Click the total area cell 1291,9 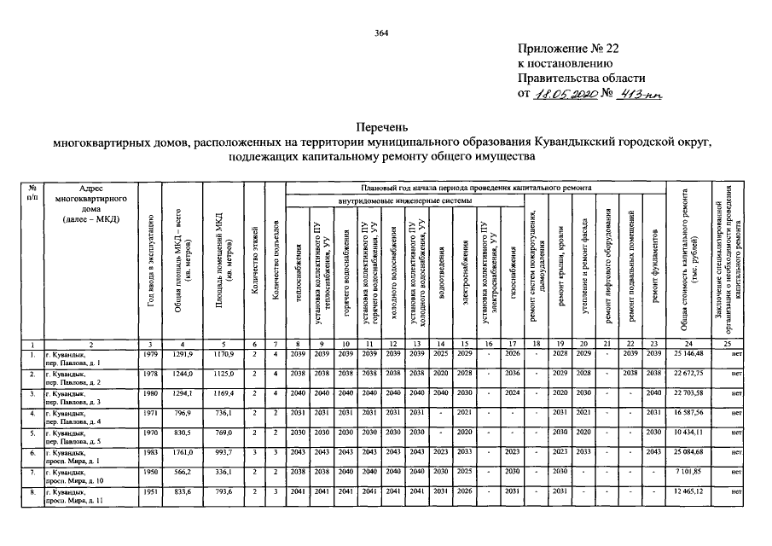click(x=184, y=353)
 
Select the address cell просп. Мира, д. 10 click(x=83, y=475)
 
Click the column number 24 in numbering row click(x=688, y=343)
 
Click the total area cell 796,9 click(x=184, y=412)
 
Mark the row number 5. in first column click(x=32, y=432)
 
